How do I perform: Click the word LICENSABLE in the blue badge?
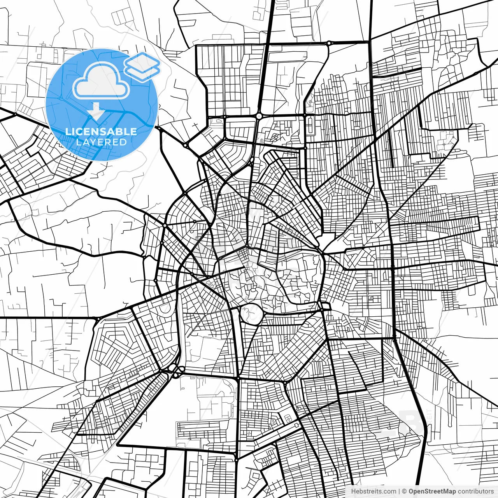[x=101, y=132]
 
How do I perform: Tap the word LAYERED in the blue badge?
[x=101, y=142]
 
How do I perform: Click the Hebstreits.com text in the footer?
[x=373, y=491]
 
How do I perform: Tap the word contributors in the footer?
[x=475, y=491]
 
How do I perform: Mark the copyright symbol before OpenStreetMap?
[x=404, y=491]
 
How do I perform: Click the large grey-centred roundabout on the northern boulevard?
[x=259, y=116]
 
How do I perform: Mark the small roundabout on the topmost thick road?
[x=329, y=43]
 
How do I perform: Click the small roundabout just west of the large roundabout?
[x=224, y=116]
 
